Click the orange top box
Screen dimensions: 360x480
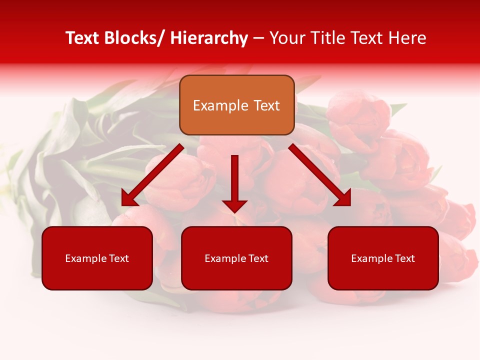(236, 105)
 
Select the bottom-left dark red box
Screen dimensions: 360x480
(97, 258)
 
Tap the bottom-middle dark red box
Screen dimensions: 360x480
(236, 258)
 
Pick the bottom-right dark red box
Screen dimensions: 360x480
(383, 258)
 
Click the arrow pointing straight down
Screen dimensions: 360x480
(234, 182)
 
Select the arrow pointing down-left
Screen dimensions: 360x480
(152, 174)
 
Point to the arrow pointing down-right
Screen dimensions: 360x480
(320, 174)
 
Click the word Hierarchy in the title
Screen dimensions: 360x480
(209, 38)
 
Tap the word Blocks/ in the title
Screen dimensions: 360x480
(135, 38)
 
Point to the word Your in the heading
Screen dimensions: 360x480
(286, 38)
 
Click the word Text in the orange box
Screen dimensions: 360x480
(266, 105)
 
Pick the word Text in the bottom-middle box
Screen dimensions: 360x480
(257, 258)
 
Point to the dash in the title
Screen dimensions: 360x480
(258, 38)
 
